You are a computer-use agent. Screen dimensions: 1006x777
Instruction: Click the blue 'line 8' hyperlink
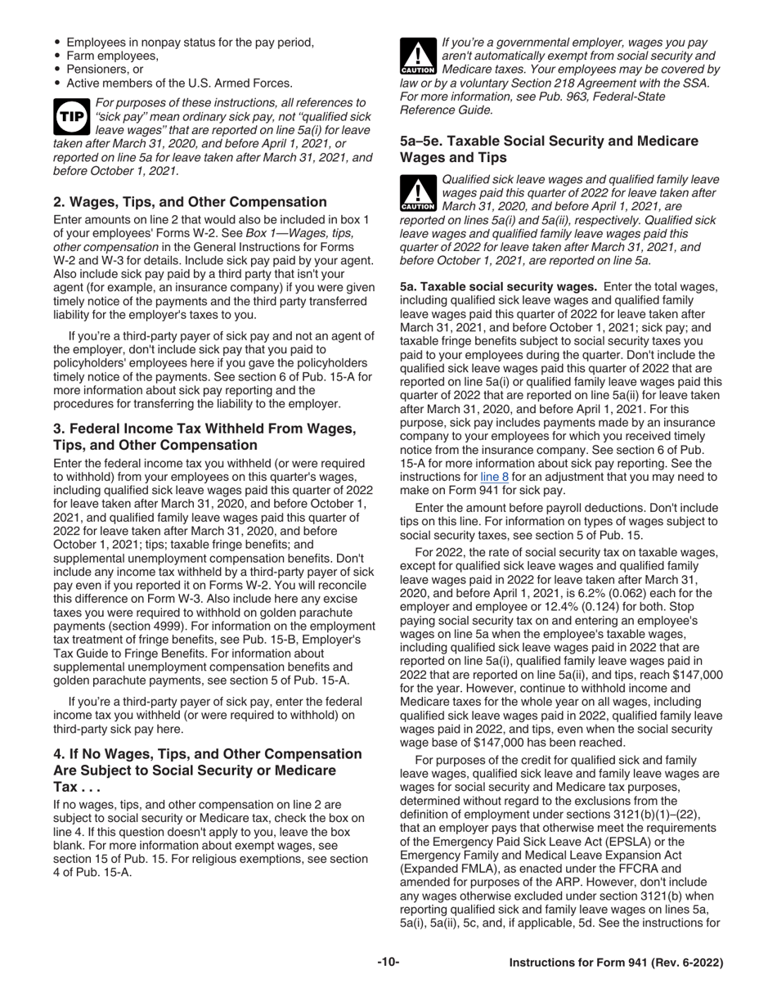pyautogui.click(x=494, y=476)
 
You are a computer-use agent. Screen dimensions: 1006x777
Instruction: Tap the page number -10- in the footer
pyautogui.click(x=388, y=963)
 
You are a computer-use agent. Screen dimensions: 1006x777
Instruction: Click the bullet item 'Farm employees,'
pyautogui.click(x=112, y=56)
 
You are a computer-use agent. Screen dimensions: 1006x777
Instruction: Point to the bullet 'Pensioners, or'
pyautogui.click(x=105, y=70)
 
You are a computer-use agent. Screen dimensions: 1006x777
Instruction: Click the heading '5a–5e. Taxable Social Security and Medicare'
pyautogui.click(x=549, y=141)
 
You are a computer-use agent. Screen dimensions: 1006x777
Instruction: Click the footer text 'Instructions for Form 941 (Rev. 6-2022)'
pyautogui.click(x=616, y=963)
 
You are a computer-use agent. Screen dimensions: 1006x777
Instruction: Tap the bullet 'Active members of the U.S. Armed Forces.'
pyautogui.click(x=179, y=83)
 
